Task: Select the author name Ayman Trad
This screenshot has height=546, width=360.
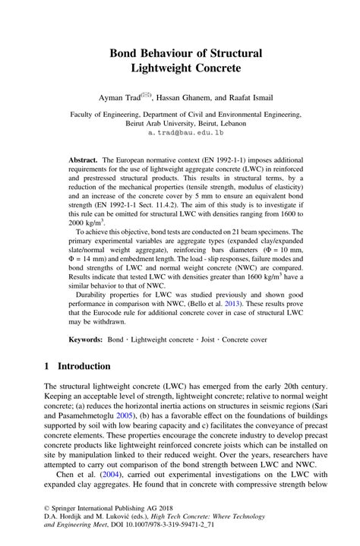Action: tap(119, 98)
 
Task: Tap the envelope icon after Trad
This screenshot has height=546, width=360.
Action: tap(146, 95)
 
